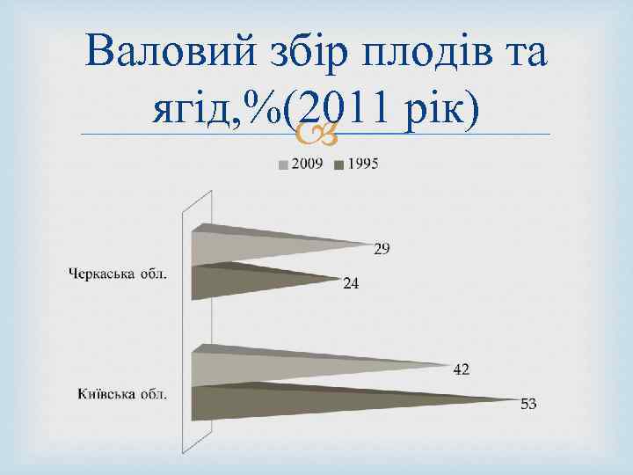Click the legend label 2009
tap(307, 164)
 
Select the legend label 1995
tap(363, 164)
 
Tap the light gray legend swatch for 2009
tap(284, 164)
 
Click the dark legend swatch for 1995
tap(340, 164)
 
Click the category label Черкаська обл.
tap(118, 274)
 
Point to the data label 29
tap(382, 250)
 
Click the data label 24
tap(351, 284)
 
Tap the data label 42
tap(461, 369)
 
